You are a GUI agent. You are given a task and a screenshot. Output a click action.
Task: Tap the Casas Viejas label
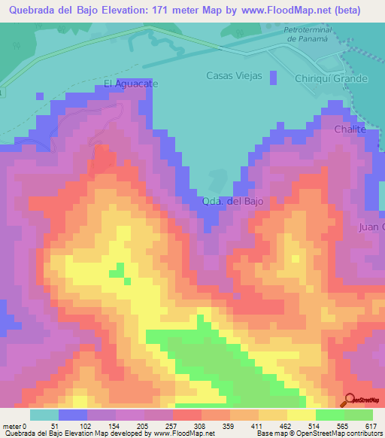click(x=234, y=76)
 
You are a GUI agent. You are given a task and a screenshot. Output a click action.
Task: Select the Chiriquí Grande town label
click(x=332, y=78)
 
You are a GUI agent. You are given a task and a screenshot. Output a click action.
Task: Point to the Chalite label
click(x=350, y=129)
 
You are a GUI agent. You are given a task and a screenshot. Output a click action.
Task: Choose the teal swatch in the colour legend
click(x=44, y=415)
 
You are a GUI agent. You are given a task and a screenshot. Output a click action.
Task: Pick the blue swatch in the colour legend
click(x=73, y=415)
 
